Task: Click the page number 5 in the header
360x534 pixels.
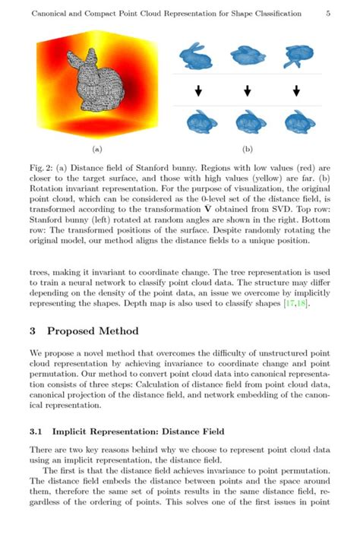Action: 327,14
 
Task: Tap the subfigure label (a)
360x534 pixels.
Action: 96,150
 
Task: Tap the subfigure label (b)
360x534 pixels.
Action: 248,150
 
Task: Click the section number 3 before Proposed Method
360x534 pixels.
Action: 33,331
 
